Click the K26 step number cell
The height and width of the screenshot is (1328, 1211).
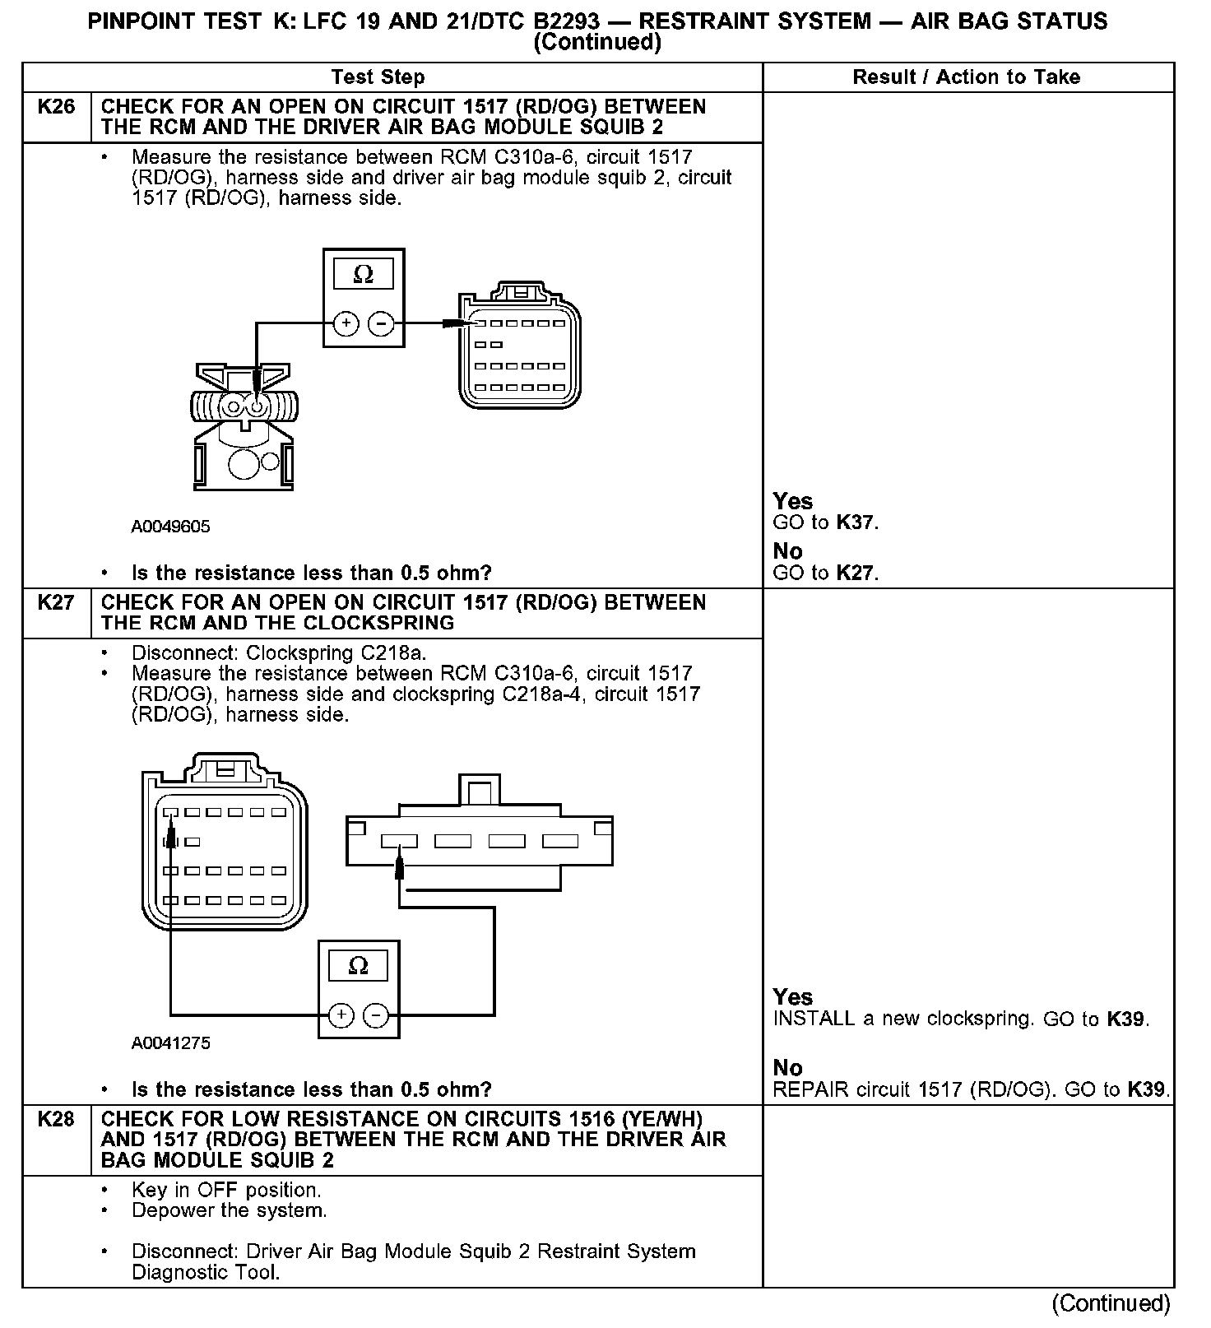pos(56,107)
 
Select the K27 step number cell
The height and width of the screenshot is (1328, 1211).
pos(56,603)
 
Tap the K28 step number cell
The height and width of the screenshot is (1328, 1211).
pos(56,1120)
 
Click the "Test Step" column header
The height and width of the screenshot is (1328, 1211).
pos(378,77)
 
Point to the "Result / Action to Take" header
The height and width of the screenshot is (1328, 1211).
pos(966,77)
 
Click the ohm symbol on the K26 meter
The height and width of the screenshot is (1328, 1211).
pos(363,275)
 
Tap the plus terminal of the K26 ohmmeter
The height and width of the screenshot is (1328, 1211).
pos(346,323)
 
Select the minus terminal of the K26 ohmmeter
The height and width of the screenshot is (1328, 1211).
pos(381,323)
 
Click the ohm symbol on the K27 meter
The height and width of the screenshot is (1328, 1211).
pos(359,966)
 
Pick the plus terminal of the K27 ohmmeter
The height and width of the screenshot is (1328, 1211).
pos(341,1015)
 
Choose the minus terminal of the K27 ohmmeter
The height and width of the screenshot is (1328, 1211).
pos(376,1015)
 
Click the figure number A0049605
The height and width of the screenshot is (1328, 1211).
pos(170,527)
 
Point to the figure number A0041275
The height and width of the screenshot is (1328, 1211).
pos(170,1043)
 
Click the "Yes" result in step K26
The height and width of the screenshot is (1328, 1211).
pos(792,501)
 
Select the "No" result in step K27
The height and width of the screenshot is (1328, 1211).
pos(787,1067)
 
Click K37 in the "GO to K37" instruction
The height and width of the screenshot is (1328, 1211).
pos(856,522)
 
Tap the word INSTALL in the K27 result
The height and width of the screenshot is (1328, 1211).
pos(814,1019)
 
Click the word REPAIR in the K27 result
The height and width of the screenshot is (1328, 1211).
pos(810,1090)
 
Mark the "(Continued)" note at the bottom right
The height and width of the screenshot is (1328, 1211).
pos(1111,1304)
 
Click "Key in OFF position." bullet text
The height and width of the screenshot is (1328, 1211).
pos(226,1191)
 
